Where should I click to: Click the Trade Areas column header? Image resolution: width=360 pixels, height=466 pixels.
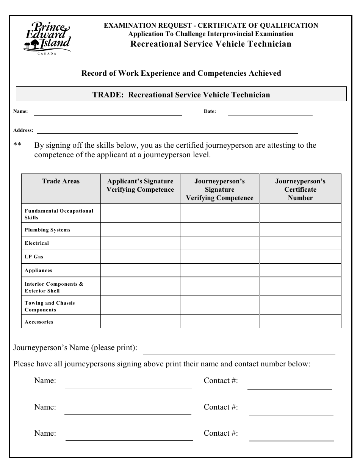click(x=61, y=181)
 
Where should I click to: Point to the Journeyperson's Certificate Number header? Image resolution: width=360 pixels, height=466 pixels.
click(x=300, y=189)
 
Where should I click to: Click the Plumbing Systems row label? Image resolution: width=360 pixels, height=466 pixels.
click(x=48, y=230)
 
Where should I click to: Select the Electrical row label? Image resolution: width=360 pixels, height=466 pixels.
click(x=37, y=243)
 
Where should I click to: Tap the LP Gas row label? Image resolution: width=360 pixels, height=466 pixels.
click(x=34, y=257)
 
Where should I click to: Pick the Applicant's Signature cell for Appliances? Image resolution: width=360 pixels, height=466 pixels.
click(x=140, y=271)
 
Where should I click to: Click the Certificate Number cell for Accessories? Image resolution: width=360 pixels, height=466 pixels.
click(x=300, y=322)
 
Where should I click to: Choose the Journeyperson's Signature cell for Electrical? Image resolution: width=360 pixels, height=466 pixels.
click(x=219, y=243)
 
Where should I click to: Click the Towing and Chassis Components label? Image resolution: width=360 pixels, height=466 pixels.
click(x=50, y=306)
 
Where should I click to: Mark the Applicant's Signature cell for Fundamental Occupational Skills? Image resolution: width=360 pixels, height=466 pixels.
click(x=140, y=213)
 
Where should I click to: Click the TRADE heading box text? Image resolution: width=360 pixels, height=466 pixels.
click(x=181, y=95)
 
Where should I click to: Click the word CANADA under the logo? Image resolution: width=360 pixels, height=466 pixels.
click(x=47, y=53)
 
